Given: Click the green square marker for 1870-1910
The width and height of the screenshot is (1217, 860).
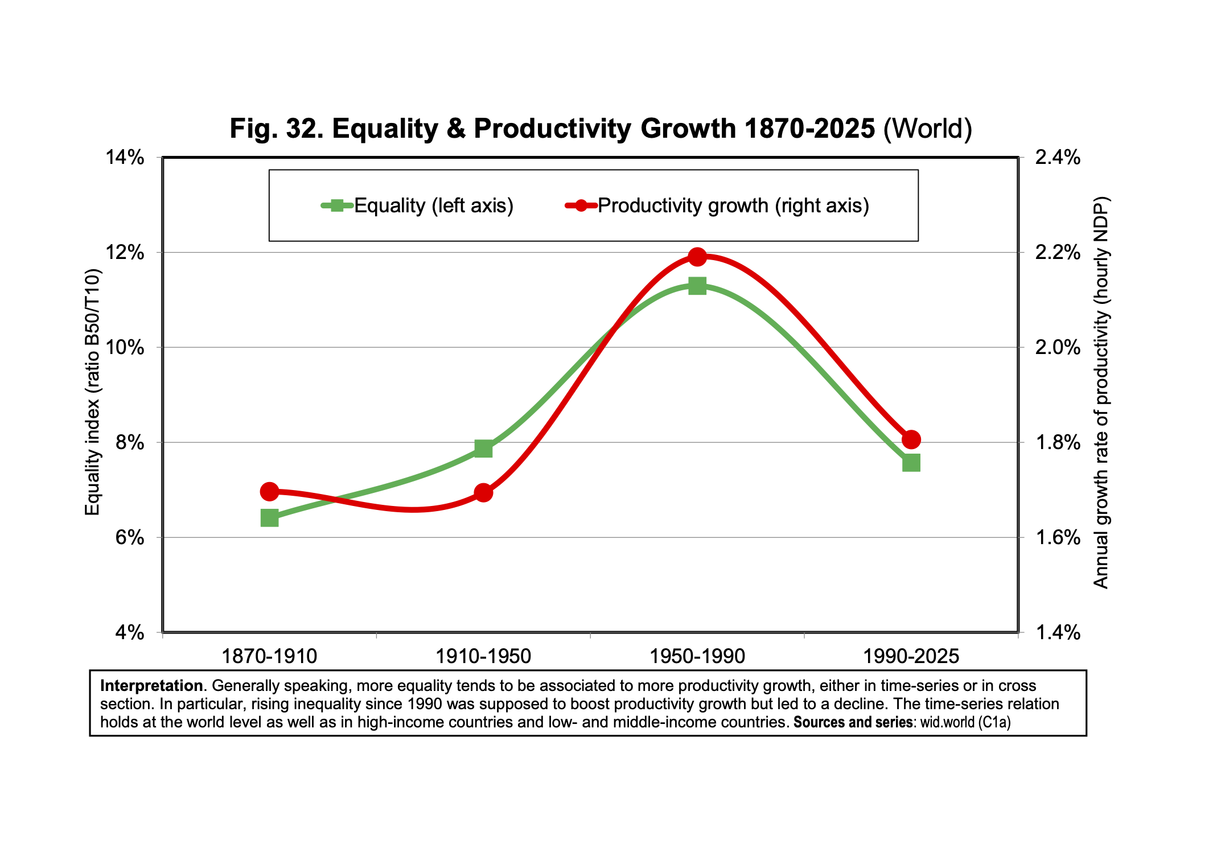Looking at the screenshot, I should pyautogui.click(x=269, y=518).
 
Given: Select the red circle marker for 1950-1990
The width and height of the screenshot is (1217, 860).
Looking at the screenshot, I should pyautogui.click(x=697, y=257).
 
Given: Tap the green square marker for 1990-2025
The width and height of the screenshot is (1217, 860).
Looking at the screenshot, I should pyautogui.click(x=911, y=463).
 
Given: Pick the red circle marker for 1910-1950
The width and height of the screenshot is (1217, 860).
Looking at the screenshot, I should pyautogui.click(x=483, y=492).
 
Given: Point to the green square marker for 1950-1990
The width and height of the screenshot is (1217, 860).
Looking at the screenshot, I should pyautogui.click(x=697, y=286).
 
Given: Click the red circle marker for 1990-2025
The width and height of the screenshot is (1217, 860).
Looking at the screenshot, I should pyautogui.click(x=911, y=439).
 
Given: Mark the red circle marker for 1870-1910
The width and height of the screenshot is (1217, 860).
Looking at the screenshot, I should pyautogui.click(x=269, y=491).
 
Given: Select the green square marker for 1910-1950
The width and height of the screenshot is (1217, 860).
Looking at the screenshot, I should pyautogui.click(x=483, y=448).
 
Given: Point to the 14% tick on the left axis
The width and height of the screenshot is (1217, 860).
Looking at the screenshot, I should pyautogui.click(x=125, y=158).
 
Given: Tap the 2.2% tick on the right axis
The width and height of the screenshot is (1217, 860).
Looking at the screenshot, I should pyautogui.click(x=1057, y=253).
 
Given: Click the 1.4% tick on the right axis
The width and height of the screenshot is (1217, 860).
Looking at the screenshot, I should pyautogui.click(x=1057, y=632).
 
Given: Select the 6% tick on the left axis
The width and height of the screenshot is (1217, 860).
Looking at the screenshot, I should pyautogui.click(x=129, y=537).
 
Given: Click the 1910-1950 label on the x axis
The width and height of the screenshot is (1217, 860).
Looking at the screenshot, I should pyautogui.click(x=483, y=657).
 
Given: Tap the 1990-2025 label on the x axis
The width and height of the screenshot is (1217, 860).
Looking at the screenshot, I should pyautogui.click(x=911, y=657).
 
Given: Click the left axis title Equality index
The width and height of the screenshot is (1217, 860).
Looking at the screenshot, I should pyautogui.click(x=92, y=393).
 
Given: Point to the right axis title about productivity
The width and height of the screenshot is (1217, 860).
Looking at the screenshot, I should pyautogui.click(x=1101, y=393).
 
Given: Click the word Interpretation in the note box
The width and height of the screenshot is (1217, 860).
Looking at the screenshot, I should pyautogui.click(x=151, y=686).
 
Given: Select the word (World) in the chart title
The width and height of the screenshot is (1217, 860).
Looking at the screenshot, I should pyautogui.click(x=927, y=129).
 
